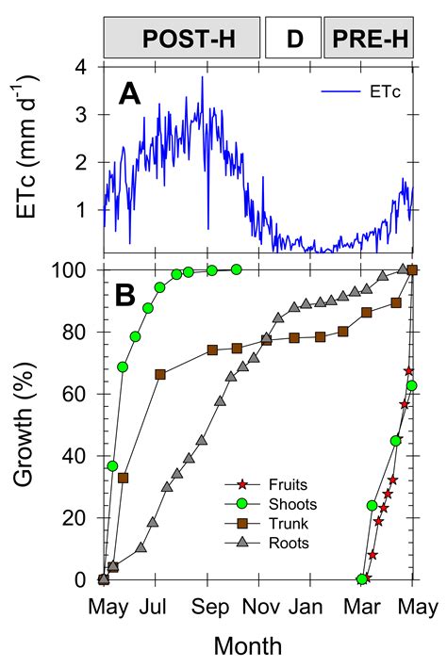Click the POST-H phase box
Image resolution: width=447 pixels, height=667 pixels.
coord(181,40)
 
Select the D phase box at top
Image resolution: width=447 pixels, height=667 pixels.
coord(293,40)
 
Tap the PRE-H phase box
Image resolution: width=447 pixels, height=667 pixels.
coord(369,40)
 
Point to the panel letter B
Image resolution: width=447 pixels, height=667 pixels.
coord(129,295)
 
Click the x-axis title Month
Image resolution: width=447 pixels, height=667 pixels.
coord(247,645)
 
